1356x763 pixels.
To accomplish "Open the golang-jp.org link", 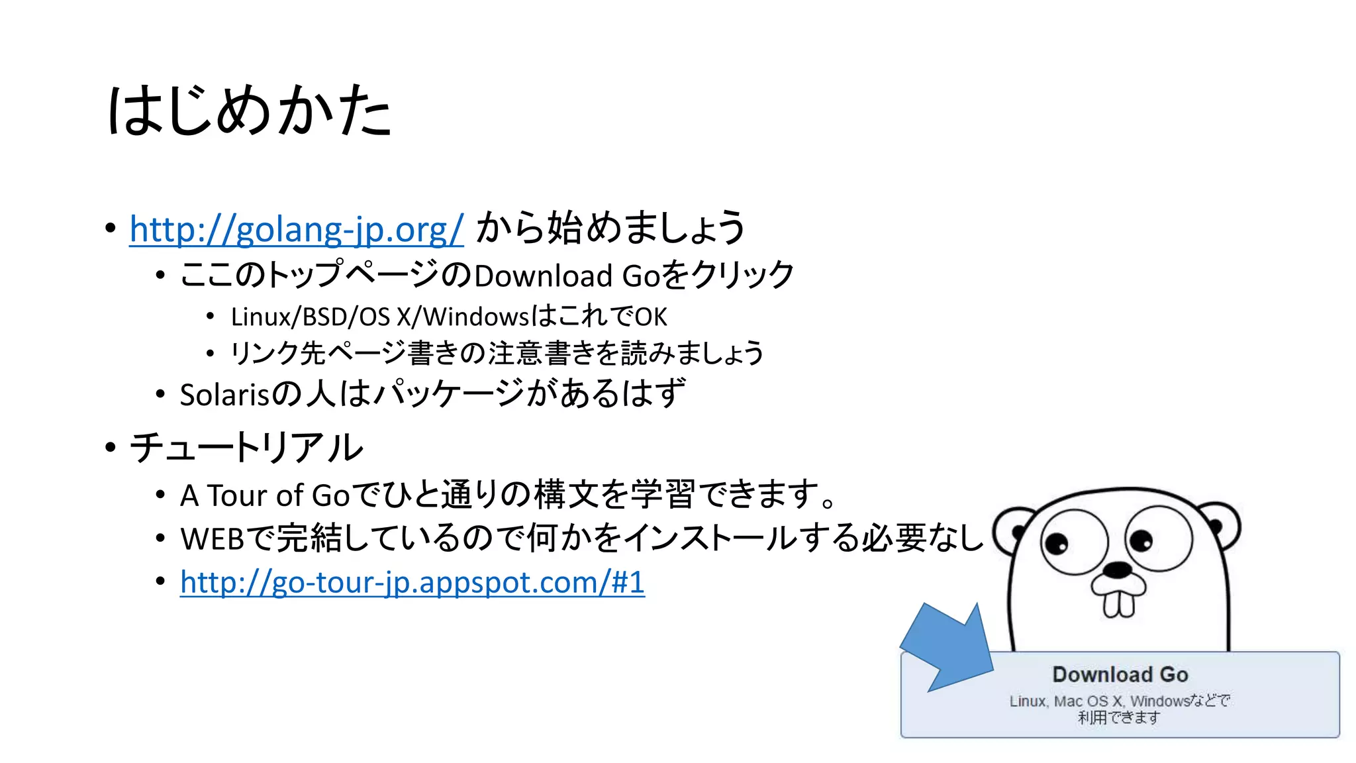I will coord(296,229).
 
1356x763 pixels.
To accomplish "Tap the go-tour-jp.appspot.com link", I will coord(412,583).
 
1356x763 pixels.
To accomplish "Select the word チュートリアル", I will coord(246,448).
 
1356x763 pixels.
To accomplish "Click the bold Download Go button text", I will coord(1120,674).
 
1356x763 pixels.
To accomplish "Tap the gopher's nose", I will coord(1119,569).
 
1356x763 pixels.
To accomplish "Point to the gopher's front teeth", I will coord(1118,603).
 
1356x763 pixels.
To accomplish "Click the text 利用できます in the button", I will coord(1118,717).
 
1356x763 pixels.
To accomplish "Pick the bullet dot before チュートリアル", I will coord(110,448).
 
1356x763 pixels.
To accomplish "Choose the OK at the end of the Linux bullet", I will coord(651,317).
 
